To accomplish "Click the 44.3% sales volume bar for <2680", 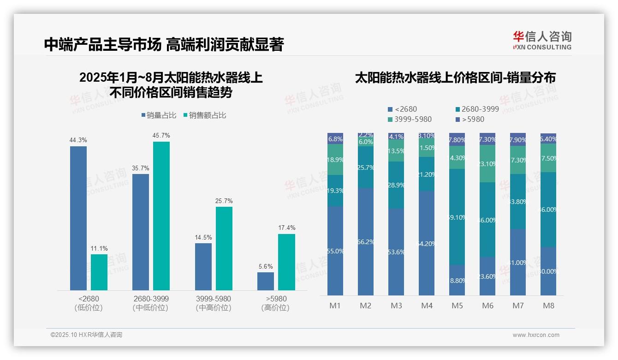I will (x=78, y=218).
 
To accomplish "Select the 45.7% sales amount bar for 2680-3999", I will (x=161, y=216).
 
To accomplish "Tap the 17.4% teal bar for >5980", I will (x=286, y=262).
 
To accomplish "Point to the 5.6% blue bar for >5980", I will (x=265, y=281).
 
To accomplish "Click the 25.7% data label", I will (x=224, y=201).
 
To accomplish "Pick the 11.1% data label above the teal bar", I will (x=99, y=249).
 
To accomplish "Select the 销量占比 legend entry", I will (x=158, y=115).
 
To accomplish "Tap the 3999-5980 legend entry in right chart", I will (x=410, y=119).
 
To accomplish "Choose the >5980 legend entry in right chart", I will (x=470, y=119).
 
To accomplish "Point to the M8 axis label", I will (x=548, y=306).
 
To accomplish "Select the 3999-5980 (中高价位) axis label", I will (x=213, y=303).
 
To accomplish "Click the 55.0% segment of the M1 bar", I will (x=335, y=251).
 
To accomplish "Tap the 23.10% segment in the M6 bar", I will (x=487, y=164).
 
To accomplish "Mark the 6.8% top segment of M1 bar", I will (x=335, y=139).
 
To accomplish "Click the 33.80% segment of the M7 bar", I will (x=517, y=201).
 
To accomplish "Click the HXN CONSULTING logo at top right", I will (x=542, y=41).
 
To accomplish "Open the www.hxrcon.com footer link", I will (x=536, y=335).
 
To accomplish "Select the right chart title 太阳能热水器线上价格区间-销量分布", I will (x=455, y=78).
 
